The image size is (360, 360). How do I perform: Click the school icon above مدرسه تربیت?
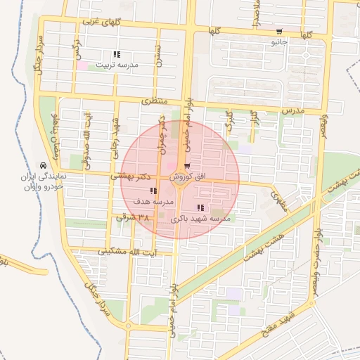(x=116, y=54)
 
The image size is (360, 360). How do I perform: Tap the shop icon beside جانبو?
(x=280, y=32)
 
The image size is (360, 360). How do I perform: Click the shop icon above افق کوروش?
(x=186, y=166)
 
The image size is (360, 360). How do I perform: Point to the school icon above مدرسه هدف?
(x=153, y=191)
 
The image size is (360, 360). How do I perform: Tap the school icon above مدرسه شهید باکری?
(x=201, y=208)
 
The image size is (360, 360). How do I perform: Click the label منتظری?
(x=156, y=102)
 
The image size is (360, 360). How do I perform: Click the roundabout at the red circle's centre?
(x=180, y=179)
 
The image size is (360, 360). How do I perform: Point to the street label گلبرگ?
(x=228, y=120)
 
